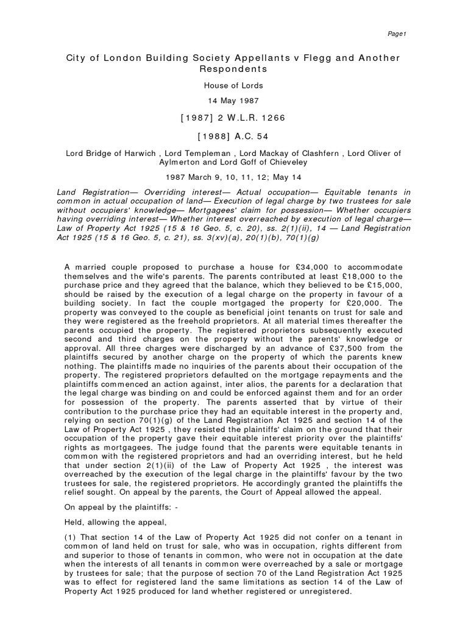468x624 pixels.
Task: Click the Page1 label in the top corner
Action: point(397,34)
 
